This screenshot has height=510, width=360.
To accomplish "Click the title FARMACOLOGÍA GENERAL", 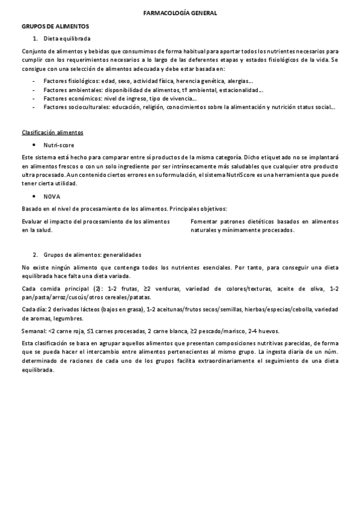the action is (x=180, y=13).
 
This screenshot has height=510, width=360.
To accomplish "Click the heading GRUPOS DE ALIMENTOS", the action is (x=55, y=26).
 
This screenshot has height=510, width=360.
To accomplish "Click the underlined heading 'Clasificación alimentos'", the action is (x=52, y=132).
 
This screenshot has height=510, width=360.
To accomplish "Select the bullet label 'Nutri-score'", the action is (x=59, y=146).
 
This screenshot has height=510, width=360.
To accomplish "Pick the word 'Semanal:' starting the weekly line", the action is (x=34, y=331).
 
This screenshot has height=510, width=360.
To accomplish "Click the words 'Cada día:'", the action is (x=34, y=310).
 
